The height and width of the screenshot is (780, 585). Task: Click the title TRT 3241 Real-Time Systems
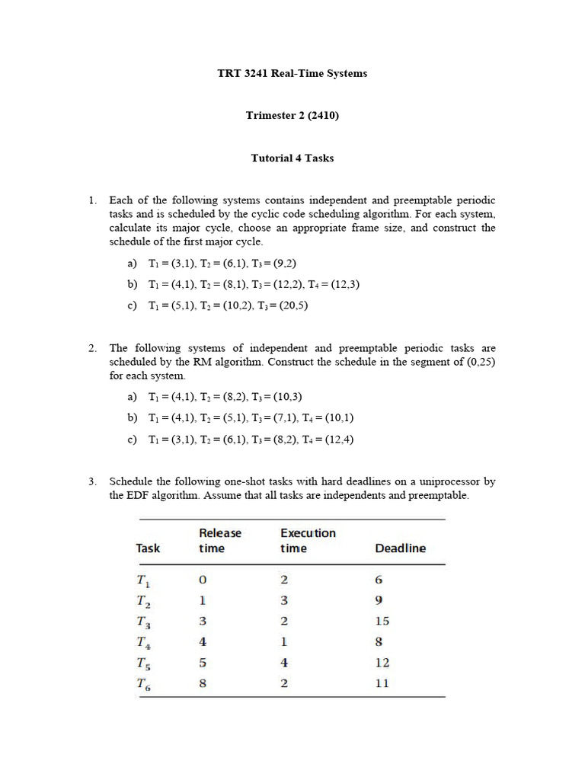[292, 74]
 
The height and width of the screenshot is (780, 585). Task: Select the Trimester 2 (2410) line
[292, 116]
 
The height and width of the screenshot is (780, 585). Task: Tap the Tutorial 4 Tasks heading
[292, 158]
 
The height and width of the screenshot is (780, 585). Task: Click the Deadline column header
[400, 548]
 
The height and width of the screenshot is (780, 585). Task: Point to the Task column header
[148, 548]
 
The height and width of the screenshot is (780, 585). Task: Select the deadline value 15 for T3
[382, 621]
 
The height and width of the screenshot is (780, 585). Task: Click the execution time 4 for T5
[284, 663]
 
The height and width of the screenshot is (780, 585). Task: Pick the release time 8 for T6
[203, 683]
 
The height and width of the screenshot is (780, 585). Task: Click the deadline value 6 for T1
[379, 580]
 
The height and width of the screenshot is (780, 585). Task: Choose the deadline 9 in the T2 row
[379, 600]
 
